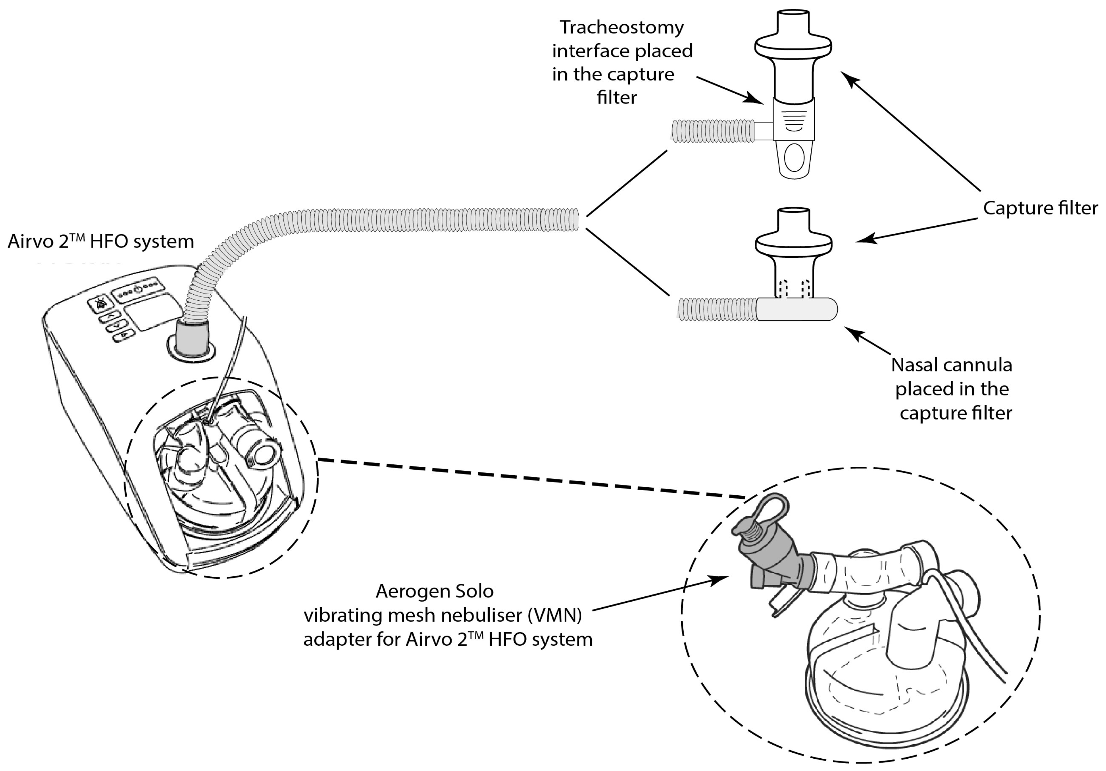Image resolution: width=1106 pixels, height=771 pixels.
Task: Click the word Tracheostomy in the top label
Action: coord(621,27)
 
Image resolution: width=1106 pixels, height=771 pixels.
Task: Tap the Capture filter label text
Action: coord(1040,208)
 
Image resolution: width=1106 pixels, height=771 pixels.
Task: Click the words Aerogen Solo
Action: coord(434,591)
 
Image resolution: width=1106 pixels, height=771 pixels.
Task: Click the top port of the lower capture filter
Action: coord(793,219)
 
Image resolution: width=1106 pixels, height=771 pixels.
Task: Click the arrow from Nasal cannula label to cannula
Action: coord(867,341)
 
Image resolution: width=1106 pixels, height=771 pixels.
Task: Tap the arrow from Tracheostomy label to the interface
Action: coord(730,90)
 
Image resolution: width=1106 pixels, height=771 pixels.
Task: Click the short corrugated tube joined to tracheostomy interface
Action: coord(713,131)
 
